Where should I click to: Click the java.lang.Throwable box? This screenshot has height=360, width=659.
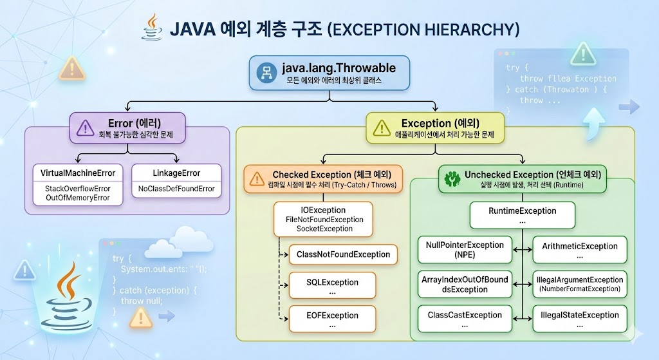[329, 73]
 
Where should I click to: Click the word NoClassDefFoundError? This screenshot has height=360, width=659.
[176, 189]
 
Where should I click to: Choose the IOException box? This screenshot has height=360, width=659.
[323, 219]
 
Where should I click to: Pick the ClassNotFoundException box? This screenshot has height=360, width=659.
[343, 254]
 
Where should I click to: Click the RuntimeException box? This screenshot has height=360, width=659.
[522, 215]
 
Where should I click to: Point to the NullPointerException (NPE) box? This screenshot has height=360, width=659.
[464, 250]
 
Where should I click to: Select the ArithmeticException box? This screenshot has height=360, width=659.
[580, 250]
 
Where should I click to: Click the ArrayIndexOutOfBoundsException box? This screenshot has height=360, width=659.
[464, 284]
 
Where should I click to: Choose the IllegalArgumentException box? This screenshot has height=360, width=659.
[580, 284]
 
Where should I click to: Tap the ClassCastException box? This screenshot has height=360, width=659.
[464, 319]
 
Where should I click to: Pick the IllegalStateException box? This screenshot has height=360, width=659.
[580, 319]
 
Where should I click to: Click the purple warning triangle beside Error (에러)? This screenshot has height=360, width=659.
[85, 127]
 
